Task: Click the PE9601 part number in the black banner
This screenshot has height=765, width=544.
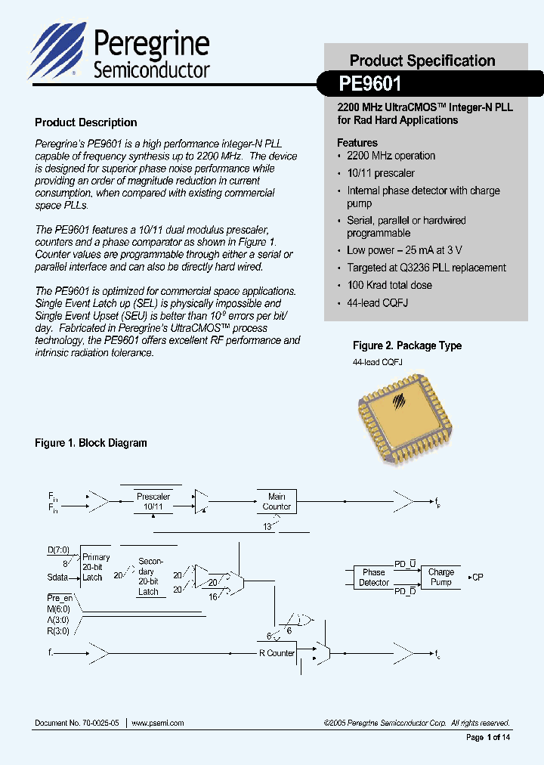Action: point(370,82)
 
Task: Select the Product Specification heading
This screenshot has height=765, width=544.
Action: point(422,60)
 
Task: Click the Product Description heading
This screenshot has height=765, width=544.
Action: point(86,122)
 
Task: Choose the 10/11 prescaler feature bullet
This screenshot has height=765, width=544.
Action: point(381,173)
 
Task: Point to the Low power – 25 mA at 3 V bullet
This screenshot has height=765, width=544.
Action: point(404,250)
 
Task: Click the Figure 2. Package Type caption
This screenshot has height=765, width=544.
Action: point(407,345)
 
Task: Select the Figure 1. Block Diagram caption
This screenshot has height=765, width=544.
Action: point(91,443)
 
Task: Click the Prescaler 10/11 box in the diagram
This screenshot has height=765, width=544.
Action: point(153,501)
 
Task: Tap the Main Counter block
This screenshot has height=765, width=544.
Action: point(277,501)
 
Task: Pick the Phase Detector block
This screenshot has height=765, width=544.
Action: point(373,578)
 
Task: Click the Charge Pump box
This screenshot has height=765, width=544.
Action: point(441,578)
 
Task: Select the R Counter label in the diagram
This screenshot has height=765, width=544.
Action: point(277,653)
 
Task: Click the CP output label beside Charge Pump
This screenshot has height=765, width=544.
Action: point(477,578)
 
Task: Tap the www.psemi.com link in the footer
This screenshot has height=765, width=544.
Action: point(158,723)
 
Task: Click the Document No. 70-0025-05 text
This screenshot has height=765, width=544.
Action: point(77,723)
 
